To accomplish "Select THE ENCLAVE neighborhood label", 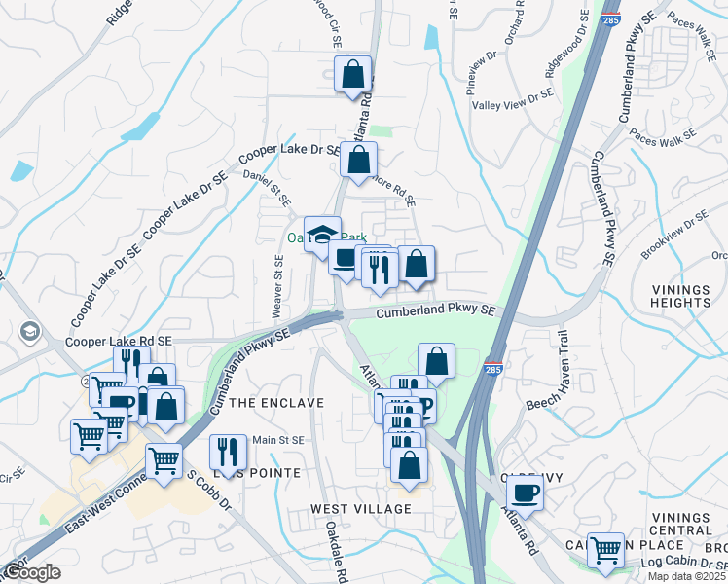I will pyautogui.click(x=277, y=403).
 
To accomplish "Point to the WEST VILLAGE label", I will pyautogui.click(x=360, y=509).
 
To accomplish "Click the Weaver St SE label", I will pyautogui.click(x=278, y=285).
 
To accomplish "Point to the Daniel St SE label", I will pyautogui.click(x=269, y=187).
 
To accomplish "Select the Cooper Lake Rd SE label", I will pyautogui.click(x=118, y=343).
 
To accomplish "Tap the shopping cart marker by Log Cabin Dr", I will pyautogui.click(x=606, y=550).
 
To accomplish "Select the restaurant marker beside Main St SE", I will pyautogui.click(x=228, y=452).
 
